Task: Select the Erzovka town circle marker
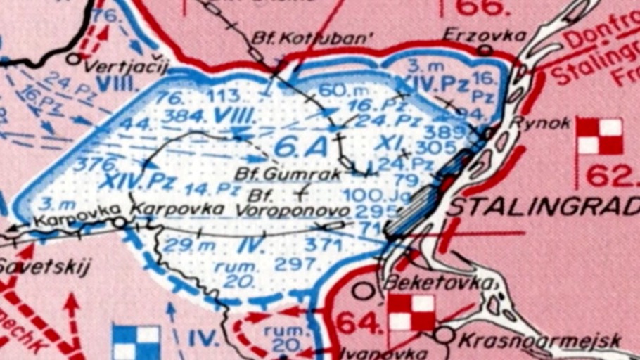pos(485,50)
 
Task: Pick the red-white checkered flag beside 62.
pos(600,136)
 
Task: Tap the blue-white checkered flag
pos(136,341)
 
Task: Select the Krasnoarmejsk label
pos(540,341)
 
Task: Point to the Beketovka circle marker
pos(363,290)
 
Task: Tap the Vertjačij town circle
pos(73,59)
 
